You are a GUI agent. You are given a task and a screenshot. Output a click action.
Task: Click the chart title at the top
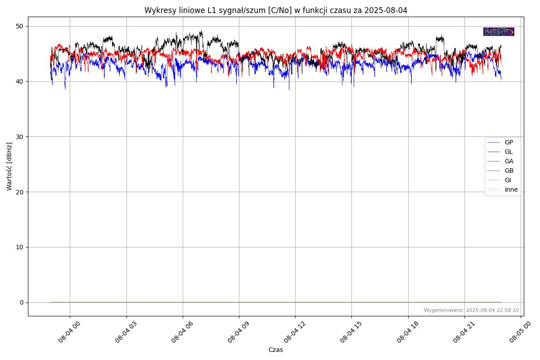point(275,10)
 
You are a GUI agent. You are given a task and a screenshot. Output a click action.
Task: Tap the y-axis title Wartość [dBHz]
point(9,166)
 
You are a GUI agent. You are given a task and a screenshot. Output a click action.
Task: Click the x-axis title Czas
point(275,350)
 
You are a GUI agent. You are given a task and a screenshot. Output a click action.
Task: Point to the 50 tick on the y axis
point(21,26)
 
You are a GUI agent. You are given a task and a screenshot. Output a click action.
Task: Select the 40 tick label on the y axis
point(21,81)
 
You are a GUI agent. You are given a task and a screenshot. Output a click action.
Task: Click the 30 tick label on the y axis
point(21,137)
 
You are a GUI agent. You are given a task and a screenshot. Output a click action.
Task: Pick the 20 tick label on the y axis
point(21,192)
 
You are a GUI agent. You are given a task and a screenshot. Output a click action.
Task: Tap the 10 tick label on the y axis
point(21,247)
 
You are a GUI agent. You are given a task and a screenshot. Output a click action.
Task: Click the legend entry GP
point(508,143)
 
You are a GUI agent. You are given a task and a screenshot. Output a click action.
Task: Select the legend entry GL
point(508,152)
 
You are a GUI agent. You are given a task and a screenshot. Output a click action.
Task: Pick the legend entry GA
point(508,162)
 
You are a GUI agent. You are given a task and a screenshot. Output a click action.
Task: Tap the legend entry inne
point(511,190)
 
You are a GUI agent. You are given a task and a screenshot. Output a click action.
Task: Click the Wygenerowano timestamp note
point(471,310)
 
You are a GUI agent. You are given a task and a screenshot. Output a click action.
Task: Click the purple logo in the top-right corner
point(499,31)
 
